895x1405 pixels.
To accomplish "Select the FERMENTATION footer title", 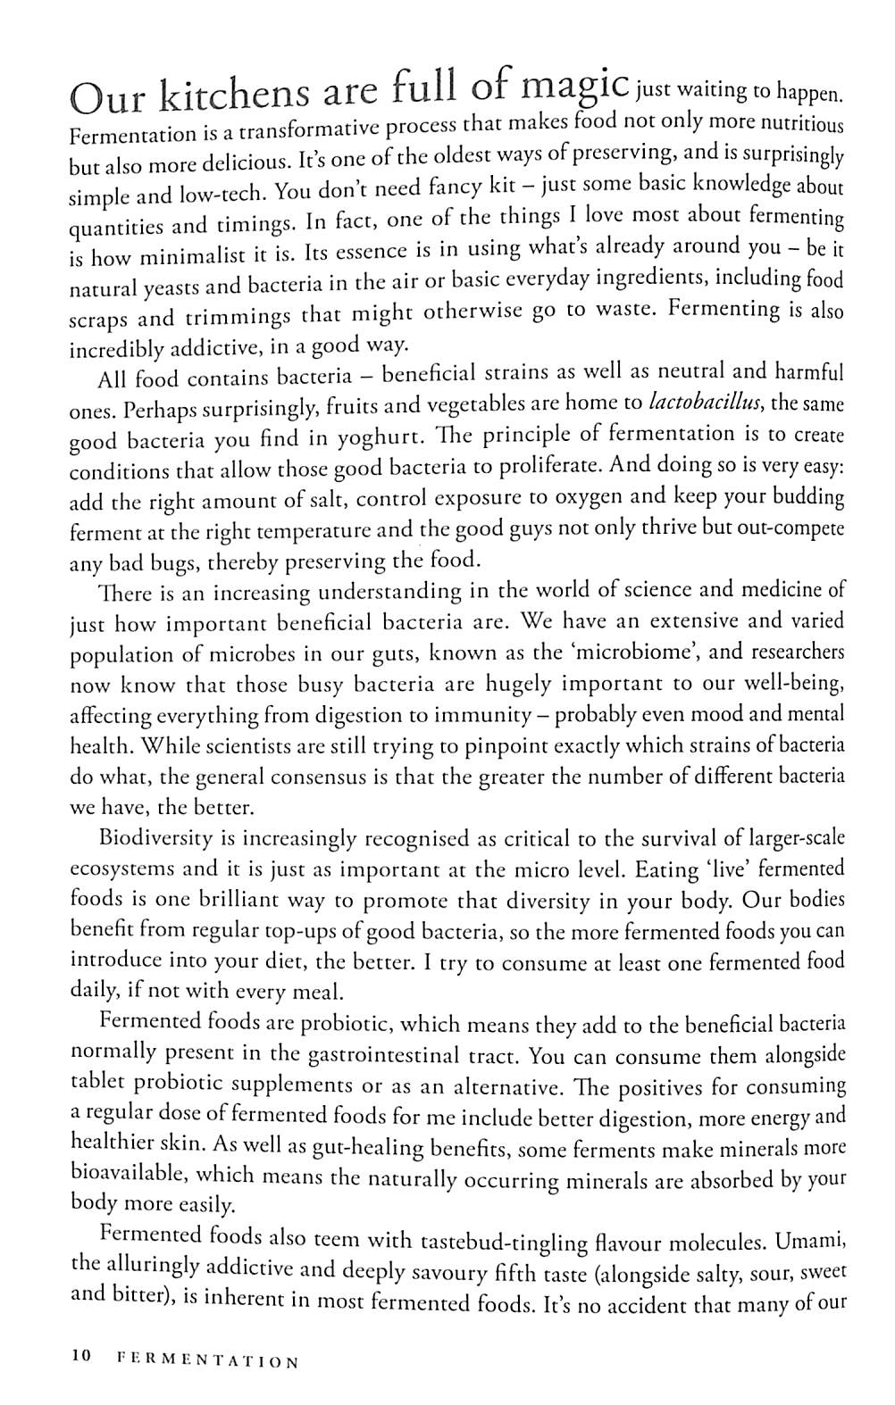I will coord(207,1360).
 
